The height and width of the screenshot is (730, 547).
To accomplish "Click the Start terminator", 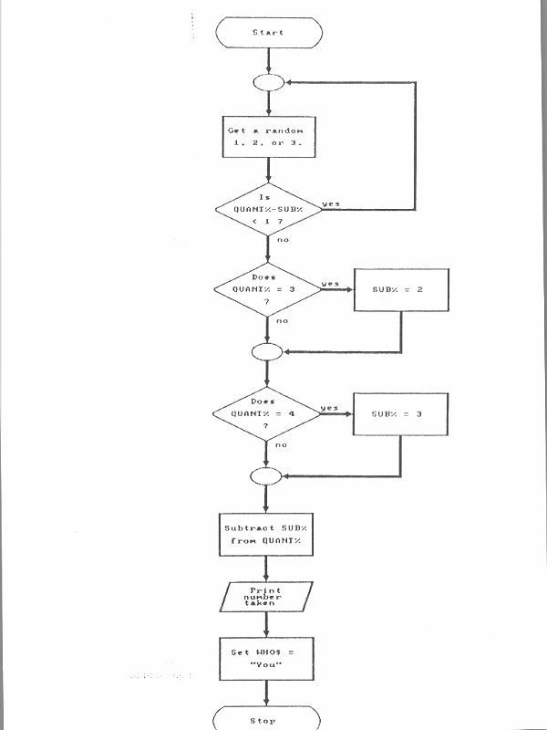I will [268, 32].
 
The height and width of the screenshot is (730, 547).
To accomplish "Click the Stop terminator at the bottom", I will [268, 720].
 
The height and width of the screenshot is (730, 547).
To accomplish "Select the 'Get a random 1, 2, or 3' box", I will [267, 137].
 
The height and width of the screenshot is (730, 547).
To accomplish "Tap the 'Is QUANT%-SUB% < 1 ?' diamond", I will [267, 209].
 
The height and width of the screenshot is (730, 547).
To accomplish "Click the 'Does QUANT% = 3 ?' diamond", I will [267, 288].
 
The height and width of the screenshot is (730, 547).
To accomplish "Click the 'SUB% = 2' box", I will [401, 289].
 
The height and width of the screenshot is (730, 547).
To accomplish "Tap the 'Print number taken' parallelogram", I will [267, 597].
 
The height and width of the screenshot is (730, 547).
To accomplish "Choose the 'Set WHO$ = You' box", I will [267, 658].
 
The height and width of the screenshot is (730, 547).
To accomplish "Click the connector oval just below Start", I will [267, 82].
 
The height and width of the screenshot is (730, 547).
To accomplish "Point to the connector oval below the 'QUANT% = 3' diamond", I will [267, 351].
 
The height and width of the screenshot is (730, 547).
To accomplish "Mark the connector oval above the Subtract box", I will [267, 475].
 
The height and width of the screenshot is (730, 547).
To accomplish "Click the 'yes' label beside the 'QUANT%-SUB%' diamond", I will [331, 203].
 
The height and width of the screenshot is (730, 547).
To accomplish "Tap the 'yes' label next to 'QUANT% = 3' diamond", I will [330, 283].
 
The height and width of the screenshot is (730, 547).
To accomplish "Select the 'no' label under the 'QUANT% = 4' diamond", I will [282, 444].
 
